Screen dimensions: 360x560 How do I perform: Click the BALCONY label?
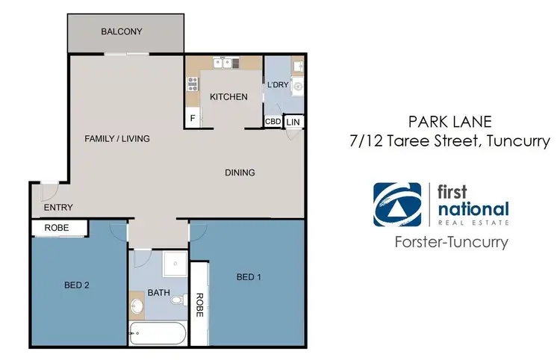point(122,31)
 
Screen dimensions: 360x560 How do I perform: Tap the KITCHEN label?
point(228,97)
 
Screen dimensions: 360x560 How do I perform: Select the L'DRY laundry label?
point(277,85)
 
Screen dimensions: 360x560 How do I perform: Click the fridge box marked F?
point(193,118)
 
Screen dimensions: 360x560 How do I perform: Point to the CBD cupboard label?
point(273,121)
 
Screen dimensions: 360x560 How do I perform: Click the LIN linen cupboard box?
point(293,121)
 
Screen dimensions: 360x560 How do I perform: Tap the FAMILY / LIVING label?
point(117,139)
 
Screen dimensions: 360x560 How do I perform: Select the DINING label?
point(240,173)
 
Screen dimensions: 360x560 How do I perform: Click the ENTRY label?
point(58,208)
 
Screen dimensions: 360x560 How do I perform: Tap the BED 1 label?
point(249,277)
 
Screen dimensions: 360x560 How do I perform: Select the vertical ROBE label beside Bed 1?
point(199,305)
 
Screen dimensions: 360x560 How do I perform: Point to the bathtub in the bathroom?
point(158,333)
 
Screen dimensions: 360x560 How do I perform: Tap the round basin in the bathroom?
point(137,306)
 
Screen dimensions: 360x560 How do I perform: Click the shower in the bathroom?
point(175,263)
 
